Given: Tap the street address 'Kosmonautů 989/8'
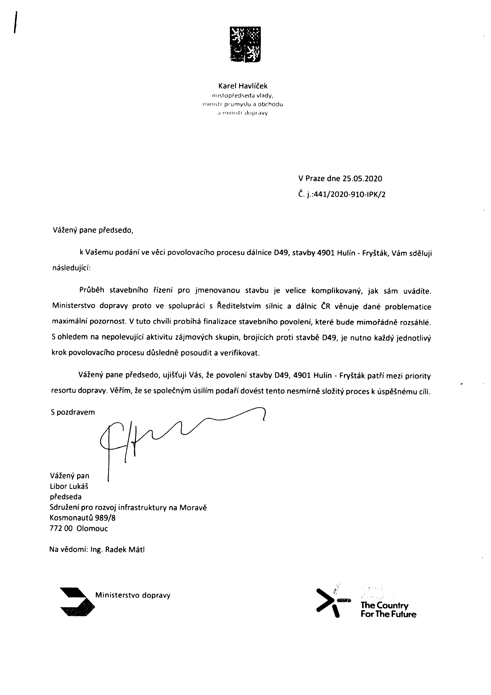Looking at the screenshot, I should [x=82, y=518].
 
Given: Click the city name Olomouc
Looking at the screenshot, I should [x=92, y=529].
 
